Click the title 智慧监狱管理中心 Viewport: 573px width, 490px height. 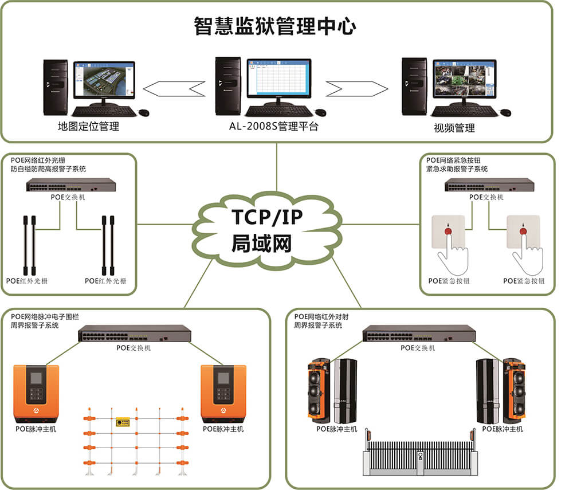tap(276, 26)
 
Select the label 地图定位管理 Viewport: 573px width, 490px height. tap(89, 127)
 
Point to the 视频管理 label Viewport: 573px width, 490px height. tap(454, 128)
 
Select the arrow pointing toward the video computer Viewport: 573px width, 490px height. tap(356, 88)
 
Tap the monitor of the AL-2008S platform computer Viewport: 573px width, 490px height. tap(278, 79)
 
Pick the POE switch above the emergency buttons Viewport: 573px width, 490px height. tap(489, 185)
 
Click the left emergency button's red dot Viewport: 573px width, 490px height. tap(448, 233)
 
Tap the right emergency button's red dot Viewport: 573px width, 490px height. tap(522, 232)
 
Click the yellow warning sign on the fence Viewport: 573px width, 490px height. tap(122, 422)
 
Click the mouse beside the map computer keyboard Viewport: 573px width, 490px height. tap(143, 112)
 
